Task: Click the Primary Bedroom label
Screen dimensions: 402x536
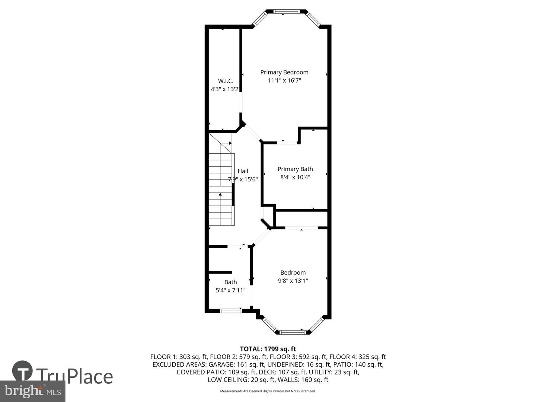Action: pos(284,72)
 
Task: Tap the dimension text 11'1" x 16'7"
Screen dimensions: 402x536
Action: pos(284,80)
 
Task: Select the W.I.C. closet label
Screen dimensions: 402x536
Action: pos(226,81)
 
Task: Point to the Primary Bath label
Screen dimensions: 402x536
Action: pos(295,169)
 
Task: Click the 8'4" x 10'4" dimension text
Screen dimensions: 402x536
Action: pos(295,177)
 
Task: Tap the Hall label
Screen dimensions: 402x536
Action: pos(243,171)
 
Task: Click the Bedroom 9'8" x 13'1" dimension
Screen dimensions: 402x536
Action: pos(293,281)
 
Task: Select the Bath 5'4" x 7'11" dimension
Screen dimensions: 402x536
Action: pos(230,290)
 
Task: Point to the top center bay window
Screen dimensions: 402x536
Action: pos(286,12)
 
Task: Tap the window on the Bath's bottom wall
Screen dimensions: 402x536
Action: pos(231,310)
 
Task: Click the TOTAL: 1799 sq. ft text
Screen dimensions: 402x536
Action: pos(268,349)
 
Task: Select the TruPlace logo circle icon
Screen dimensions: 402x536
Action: pos(22,371)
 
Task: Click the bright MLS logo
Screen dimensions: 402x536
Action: pos(32,391)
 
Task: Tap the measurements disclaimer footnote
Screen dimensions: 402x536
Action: pos(268,391)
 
